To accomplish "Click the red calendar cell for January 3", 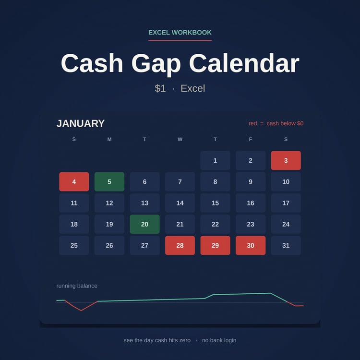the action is click(286, 160).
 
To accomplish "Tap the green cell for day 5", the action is click(109, 181).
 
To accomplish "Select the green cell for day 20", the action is click(144, 224).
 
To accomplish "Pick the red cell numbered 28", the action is click(180, 245).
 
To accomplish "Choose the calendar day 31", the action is click(286, 245).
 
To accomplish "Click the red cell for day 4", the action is click(74, 181).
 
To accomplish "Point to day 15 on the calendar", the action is click(215, 203).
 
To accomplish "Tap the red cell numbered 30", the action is click(251, 245).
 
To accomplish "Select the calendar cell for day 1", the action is click(215, 160).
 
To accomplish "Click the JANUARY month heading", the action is click(81, 123).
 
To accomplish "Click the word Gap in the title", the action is click(156, 64).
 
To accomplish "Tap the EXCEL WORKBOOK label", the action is click(180, 32).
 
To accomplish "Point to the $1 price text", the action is click(160, 88).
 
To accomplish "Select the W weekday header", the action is click(180, 139).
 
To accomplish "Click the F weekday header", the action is click(251, 139).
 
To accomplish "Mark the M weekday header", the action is click(109, 139).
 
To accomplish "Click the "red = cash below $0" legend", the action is click(276, 123).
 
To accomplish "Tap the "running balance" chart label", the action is click(77, 286).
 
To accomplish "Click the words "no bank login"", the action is click(219, 340).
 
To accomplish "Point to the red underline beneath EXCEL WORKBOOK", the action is click(180, 40).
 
